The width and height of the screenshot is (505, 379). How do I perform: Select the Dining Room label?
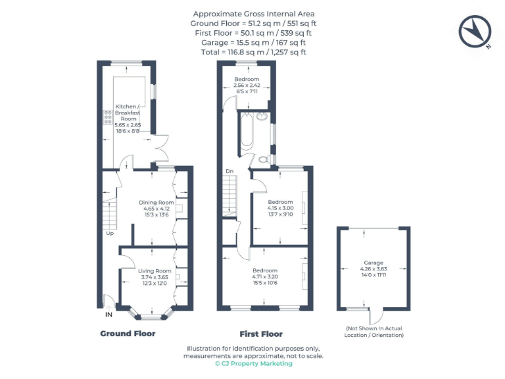point(156,208)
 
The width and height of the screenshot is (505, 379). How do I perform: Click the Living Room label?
point(155,277)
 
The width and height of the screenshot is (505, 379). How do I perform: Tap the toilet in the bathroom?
point(264,159)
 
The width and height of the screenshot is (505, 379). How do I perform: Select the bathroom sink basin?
point(262,118)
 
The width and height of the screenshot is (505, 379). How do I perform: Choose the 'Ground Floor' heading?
point(128,334)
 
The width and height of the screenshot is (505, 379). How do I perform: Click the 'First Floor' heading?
point(261,334)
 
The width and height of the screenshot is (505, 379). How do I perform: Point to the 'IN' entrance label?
point(108,315)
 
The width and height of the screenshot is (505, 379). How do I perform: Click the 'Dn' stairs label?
point(229,172)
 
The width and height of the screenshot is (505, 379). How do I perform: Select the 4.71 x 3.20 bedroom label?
point(265,276)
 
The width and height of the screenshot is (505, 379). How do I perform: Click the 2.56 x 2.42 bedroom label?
point(247,86)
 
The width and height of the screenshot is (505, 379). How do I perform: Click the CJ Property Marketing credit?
point(253,363)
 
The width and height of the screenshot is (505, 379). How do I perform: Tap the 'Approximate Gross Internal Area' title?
point(253,14)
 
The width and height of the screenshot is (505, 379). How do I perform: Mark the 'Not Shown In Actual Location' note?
point(374,332)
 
